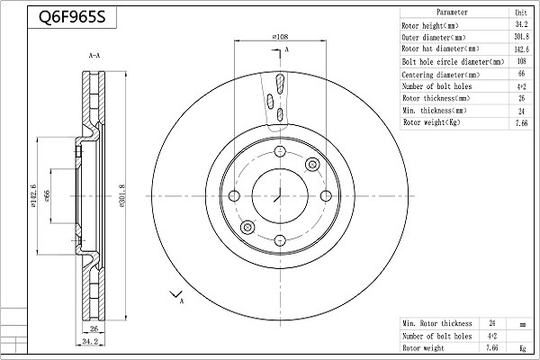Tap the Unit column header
point(520,13)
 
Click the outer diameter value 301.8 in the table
point(520,38)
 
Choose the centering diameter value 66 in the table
point(520,74)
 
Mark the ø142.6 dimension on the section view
point(33,196)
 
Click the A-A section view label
point(94,57)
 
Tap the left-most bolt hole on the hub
point(234,196)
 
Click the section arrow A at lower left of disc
point(175,295)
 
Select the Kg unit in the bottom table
point(521,346)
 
